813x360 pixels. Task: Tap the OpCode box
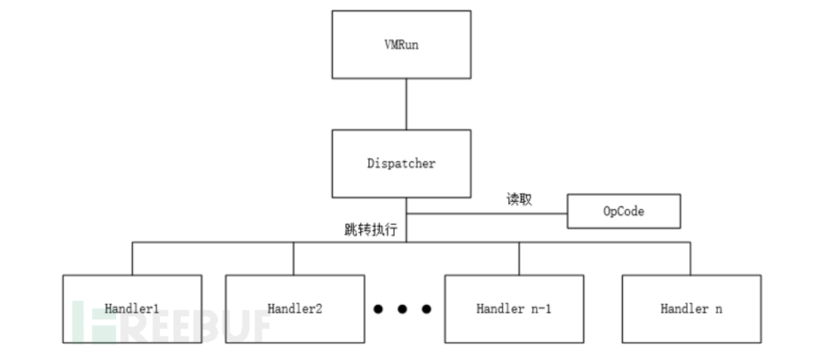(x=624, y=211)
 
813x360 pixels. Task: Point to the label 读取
(x=519, y=200)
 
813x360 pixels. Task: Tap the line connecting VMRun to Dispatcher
(x=406, y=103)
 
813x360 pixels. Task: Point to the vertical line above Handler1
(x=132, y=258)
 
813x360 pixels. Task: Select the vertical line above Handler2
(x=294, y=258)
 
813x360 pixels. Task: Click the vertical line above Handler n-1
(x=519, y=258)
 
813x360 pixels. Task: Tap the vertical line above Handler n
(x=690, y=258)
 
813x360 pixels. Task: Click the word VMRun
(x=401, y=44)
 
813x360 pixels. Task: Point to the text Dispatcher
(x=401, y=163)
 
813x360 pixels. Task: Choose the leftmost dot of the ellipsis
(x=378, y=309)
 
